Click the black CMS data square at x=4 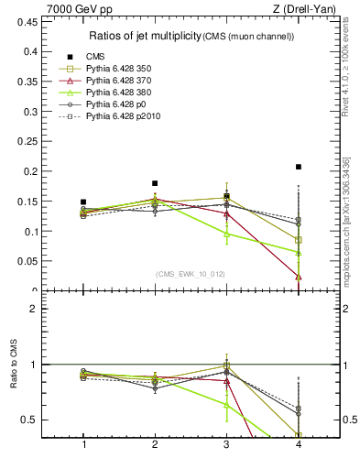299,167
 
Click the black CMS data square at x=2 155,183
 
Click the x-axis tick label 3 226,443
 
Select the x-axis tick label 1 83,443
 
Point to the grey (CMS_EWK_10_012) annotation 191,274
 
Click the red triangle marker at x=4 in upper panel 299,276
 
